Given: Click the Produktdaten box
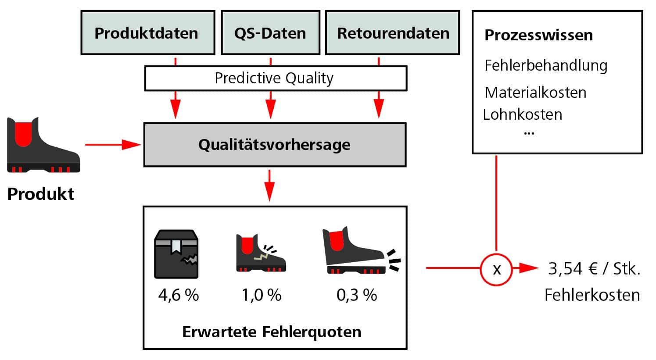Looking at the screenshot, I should (147, 33).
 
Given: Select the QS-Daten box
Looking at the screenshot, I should (270, 33).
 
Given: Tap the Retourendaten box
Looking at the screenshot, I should (392, 33).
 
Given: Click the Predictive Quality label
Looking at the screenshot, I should (274, 78).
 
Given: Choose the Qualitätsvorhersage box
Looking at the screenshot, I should (275, 145).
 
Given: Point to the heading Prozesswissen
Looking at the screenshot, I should (538, 35).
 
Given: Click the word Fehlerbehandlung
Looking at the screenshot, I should (545, 65).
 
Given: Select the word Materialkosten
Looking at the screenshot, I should (535, 93).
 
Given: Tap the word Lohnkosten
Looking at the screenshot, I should (523, 114).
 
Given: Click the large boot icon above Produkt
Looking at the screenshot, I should (43, 145).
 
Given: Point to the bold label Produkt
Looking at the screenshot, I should (41, 194).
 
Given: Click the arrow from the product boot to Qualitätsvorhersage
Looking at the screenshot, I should (112, 144).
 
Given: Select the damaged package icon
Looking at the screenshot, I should (176, 254).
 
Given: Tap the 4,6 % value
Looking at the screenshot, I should (179, 295).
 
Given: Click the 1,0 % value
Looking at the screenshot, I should (262, 295).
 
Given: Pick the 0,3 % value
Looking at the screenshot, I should (357, 295).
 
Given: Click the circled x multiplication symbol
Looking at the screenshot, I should (496, 269).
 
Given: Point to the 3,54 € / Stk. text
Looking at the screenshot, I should (594, 269).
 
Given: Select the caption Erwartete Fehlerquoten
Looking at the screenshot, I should (272, 332).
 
